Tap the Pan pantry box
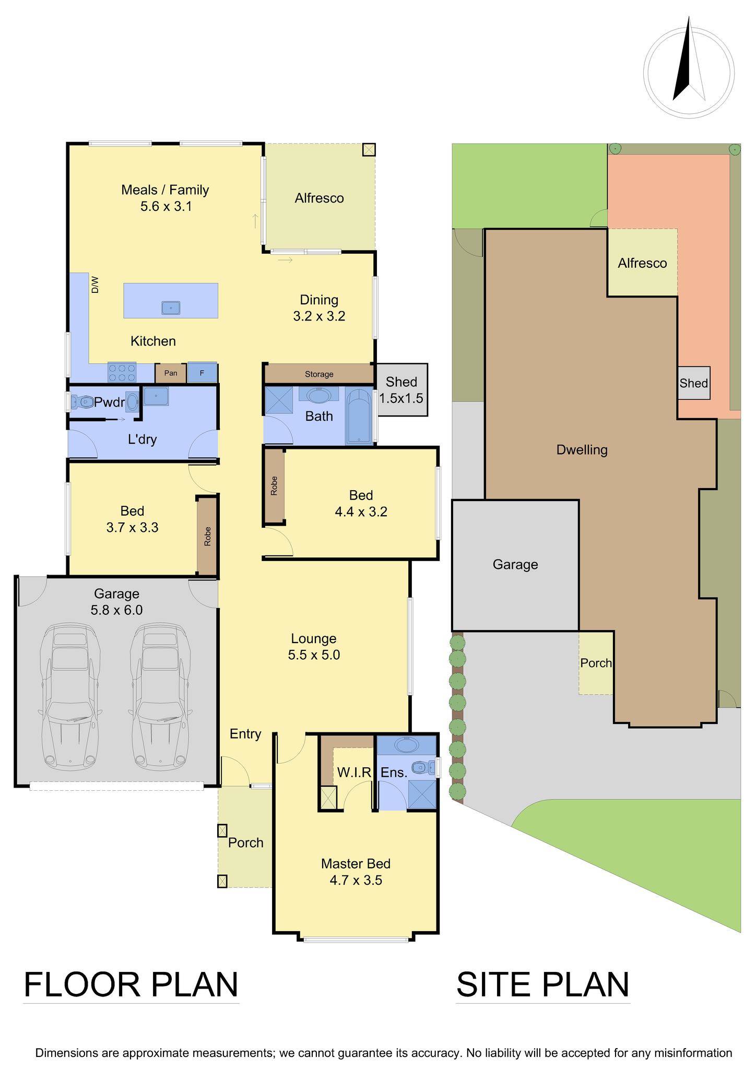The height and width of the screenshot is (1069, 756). pos(171,373)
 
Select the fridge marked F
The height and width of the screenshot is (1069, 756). pos(202,373)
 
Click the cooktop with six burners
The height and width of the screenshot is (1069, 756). pos(122,372)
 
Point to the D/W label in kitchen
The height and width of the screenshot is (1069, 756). pos(95,285)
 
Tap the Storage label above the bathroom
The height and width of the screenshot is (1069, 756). pos(319,374)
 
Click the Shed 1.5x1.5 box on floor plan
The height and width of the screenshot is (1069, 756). pos(401,390)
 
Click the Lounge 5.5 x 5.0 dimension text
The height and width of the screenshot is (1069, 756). pos(314,655)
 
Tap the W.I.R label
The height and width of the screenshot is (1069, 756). pos(354,772)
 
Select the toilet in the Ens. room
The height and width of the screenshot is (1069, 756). pos(422,767)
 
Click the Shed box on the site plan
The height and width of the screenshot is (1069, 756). pos(693,383)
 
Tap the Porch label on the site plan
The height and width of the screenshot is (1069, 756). pos(596,663)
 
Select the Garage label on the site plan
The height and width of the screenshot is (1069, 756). pos(515,564)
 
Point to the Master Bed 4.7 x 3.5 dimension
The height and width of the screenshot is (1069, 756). pos(356,881)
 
